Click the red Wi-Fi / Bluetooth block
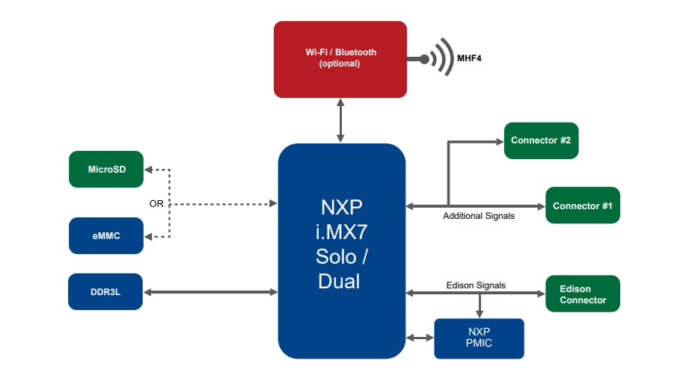tap(340, 59)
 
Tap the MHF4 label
tap(469, 58)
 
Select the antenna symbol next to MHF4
tap(438, 58)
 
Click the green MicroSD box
tap(105, 170)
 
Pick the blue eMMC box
tap(105, 235)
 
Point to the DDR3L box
tap(105, 291)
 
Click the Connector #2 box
tap(541, 140)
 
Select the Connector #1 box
tap(583, 205)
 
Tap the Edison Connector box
tap(583, 294)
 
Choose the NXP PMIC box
tap(479, 338)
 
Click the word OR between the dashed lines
tap(156, 203)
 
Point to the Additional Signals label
tap(479, 216)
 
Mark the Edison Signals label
tap(476, 285)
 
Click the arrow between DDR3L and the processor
tap(210, 292)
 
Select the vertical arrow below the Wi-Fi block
tap(341, 120)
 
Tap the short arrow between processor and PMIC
tap(420, 338)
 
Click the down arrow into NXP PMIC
tap(480, 306)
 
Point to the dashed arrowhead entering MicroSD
tap(148, 170)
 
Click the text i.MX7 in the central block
tap(341, 229)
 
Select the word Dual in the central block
tap(339, 281)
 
